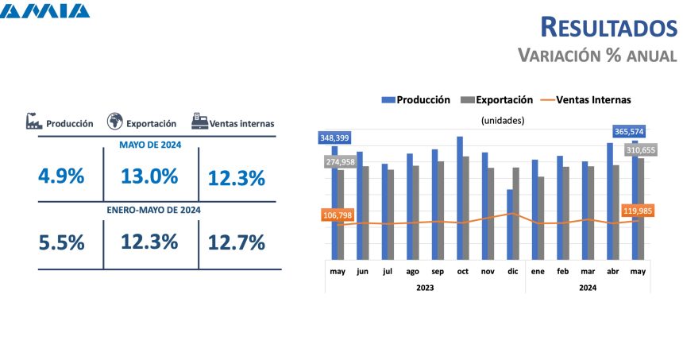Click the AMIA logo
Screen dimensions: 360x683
click(x=46, y=11)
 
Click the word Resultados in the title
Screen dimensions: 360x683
click(x=608, y=27)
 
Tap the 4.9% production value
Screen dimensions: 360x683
click(x=61, y=176)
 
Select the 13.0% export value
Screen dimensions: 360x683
click(x=149, y=176)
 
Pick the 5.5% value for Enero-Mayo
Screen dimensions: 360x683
click(x=61, y=242)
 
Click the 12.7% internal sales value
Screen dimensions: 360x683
click(x=236, y=242)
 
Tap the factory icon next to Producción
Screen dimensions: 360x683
click(x=33, y=122)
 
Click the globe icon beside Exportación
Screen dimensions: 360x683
click(x=114, y=122)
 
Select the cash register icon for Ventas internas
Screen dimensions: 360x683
click(x=199, y=122)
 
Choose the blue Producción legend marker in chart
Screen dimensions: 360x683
click(x=388, y=100)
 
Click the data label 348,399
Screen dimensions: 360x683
click(x=335, y=138)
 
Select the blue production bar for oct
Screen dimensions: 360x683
click(x=459, y=198)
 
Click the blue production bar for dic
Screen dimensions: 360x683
click(x=509, y=224)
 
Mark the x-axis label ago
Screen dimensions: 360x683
click(x=412, y=271)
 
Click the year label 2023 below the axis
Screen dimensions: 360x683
click(x=424, y=287)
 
